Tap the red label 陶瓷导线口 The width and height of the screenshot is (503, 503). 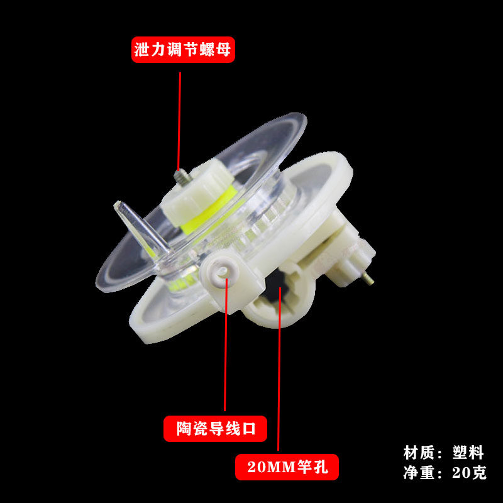coord(215,429)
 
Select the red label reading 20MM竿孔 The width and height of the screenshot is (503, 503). coord(287,467)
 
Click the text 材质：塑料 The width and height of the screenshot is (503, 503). coord(444,451)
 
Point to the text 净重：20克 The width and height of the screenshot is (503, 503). coord(444,472)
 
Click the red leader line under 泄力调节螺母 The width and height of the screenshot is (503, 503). coord(180,119)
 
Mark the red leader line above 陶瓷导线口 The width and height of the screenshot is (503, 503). coord(224,352)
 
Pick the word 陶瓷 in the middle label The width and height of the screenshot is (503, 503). coord(189,429)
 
